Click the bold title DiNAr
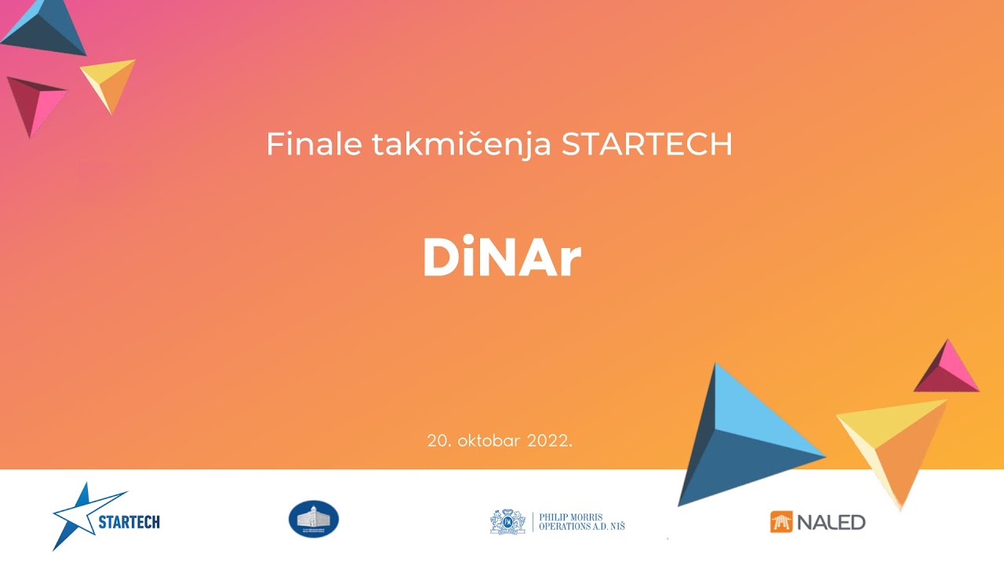pos(502,257)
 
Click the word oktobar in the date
pos(486,440)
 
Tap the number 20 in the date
pos(437,440)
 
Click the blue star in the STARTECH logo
pos(78,514)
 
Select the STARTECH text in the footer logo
pos(129,521)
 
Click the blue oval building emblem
pos(314,519)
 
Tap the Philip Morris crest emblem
pos(507,521)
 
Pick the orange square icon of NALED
pos(781,521)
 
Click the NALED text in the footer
pos(831,521)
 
